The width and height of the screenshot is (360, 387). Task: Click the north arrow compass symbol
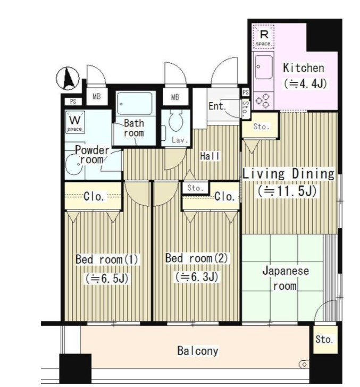68,79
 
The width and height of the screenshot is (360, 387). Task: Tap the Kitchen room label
304,68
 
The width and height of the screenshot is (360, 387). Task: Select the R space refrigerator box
263,36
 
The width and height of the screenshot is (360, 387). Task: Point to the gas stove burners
263,100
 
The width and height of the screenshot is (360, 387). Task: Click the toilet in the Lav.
176,120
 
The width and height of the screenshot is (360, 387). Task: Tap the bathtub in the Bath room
135,104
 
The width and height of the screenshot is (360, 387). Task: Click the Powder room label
92,155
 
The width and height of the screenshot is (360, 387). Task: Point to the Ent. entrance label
217,106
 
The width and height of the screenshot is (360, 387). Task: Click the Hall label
210,156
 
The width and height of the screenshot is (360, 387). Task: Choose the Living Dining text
288,173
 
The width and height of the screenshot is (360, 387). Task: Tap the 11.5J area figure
287,191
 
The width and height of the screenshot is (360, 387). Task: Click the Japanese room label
286,279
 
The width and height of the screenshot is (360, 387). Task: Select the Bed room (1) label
107,259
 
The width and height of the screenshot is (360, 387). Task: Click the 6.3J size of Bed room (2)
197,276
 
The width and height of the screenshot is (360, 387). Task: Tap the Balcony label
198,351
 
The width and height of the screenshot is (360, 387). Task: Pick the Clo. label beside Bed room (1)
94,197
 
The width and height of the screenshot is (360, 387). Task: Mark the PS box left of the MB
73,102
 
